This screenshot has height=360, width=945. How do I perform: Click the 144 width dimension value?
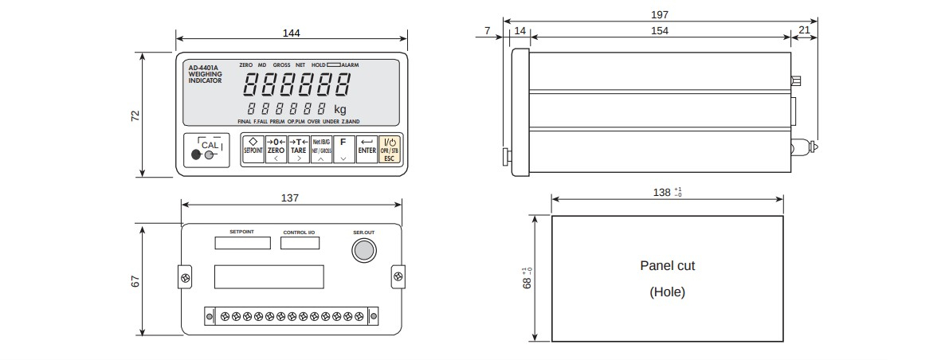(x=291, y=33)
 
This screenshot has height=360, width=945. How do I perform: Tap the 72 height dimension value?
(x=135, y=115)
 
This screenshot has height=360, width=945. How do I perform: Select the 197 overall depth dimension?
(x=659, y=14)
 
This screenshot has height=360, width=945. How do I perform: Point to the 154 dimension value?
(x=659, y=31)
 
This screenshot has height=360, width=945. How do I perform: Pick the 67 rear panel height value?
(x=135, y=280)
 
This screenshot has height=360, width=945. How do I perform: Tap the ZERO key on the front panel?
(x=276, y=149)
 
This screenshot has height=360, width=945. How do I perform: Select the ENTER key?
(x=367, y=149)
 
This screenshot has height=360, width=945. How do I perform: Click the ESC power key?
(x=389, y=149)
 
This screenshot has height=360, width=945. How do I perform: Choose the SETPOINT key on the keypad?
(x=253, y=149)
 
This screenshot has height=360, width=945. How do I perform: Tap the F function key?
(x=343, y=149)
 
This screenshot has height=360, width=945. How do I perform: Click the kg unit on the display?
(x=340, y=109)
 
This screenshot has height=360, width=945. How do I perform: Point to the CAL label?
(x=209, y=145)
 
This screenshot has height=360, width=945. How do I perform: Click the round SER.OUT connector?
(x=363, y=251)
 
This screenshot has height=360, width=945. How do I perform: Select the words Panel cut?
(x=667, y=265)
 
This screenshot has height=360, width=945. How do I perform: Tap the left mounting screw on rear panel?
(x=186, y=277)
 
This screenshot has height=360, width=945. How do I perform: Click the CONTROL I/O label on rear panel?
(x=299, y=233)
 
